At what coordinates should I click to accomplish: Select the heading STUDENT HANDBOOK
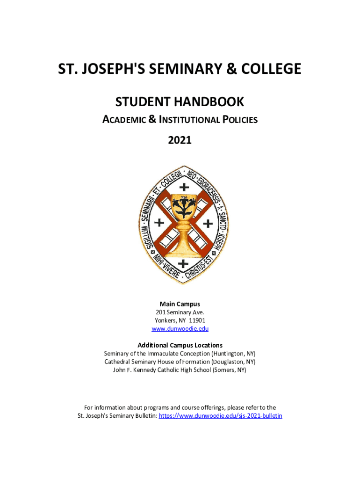180,102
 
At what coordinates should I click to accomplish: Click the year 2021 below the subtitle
180,139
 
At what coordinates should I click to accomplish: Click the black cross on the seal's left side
159,223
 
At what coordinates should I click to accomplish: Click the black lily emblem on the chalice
180,204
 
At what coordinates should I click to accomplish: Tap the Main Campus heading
180,304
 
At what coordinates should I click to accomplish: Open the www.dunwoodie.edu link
180,329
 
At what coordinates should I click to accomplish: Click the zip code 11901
196,320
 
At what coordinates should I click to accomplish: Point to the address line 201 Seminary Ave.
180,312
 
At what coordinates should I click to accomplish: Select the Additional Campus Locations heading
180,345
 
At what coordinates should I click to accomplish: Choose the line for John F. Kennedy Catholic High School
180,370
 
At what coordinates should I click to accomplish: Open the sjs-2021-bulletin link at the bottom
221,415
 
